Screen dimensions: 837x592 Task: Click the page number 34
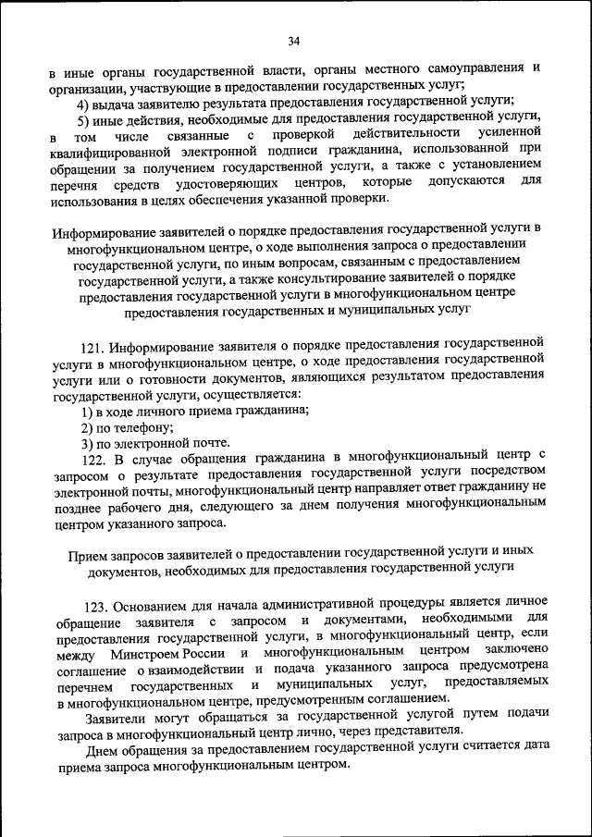[295, 42]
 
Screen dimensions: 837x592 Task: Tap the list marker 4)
[84, 104]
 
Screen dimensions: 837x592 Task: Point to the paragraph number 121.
[92, 348]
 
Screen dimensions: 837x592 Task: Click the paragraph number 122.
[93, 457]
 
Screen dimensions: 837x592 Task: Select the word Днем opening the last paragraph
[100, 751]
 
